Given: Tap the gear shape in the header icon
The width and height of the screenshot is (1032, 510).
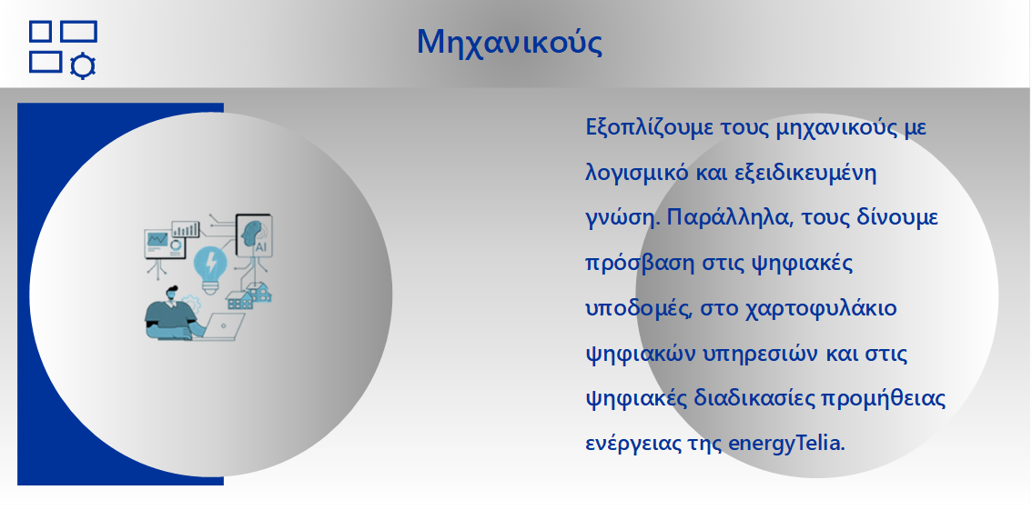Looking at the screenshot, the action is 82,65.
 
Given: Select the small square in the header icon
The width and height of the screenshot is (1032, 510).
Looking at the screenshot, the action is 40,31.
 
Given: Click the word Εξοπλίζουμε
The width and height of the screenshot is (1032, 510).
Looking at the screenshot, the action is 640,127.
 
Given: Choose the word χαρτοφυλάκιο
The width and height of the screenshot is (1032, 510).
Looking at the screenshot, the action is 822,308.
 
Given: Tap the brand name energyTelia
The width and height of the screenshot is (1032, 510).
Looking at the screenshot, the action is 786,444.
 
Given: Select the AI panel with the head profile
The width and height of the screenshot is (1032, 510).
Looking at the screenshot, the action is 253,235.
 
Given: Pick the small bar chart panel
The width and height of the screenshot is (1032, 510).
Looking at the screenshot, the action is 186,229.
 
